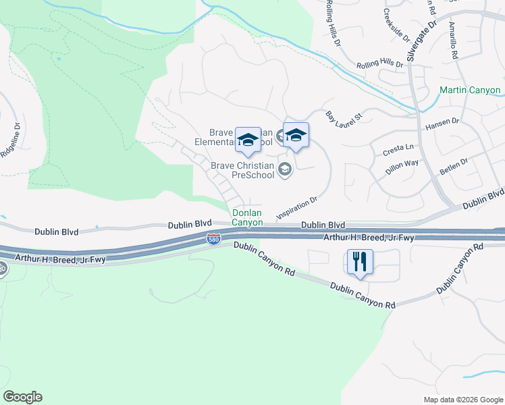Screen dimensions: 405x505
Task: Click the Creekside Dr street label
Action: [396, 24]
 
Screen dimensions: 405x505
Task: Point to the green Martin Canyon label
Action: [470, 90]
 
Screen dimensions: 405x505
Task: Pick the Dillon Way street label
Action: [402, 167]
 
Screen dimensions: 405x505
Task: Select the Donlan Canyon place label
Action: [247, 217]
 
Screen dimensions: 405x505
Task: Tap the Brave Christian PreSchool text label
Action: [243, 170]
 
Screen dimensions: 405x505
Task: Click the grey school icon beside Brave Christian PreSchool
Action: [285, 169]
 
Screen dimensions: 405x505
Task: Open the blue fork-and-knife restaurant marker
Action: [360, 262]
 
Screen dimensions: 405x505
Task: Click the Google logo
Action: [22, 397]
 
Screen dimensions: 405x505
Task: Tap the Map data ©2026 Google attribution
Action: [462, 400]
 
